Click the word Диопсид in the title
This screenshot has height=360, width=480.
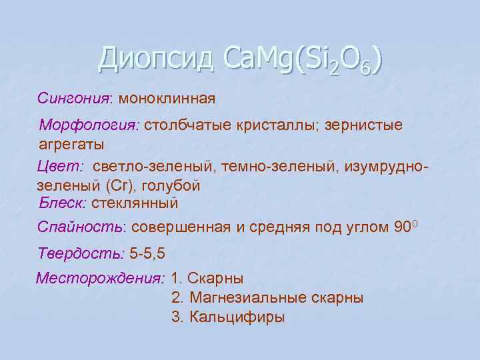point(155,59)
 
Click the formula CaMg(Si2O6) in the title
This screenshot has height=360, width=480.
point(302,60)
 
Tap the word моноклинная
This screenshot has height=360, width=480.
point(167,99)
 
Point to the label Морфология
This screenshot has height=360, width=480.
point(89,125)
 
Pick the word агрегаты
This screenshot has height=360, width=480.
point(67,143)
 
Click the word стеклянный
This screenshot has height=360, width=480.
point(135,202)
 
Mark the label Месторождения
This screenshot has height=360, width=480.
point(100,277)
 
